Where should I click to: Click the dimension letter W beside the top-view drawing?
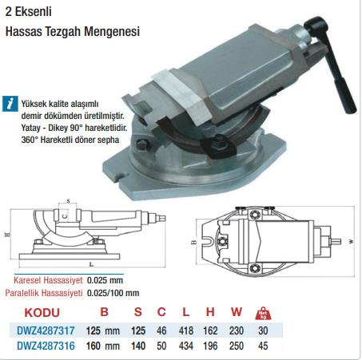pyautogui.click(x=351, y=239)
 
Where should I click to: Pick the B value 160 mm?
pyautogui.click(x=108, y=346)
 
